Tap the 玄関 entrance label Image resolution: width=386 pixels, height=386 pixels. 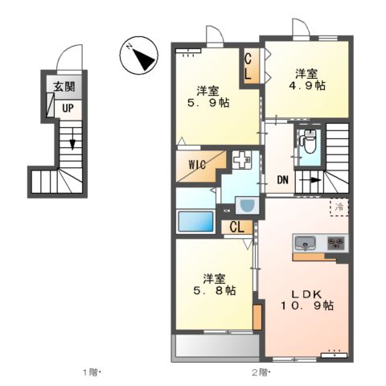(63, 88)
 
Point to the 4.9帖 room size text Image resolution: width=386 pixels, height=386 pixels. (308, 84)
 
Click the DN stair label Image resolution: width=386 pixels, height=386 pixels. (282, 180)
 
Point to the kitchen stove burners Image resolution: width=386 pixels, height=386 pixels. (335, 242)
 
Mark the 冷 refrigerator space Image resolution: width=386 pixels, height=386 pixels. (339, 207)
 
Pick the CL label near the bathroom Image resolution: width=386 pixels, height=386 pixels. (237, 227)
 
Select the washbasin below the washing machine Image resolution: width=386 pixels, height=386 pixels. (246, 205)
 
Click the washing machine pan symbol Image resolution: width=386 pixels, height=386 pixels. (242, 161)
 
